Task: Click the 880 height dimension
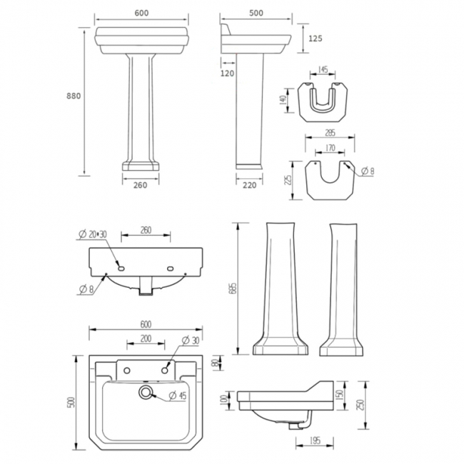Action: point(72,97)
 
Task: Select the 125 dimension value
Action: point(316,39)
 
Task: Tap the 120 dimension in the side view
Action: point(228,73)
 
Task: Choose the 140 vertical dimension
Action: point(283,100)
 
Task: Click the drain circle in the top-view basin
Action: point(146,393)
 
